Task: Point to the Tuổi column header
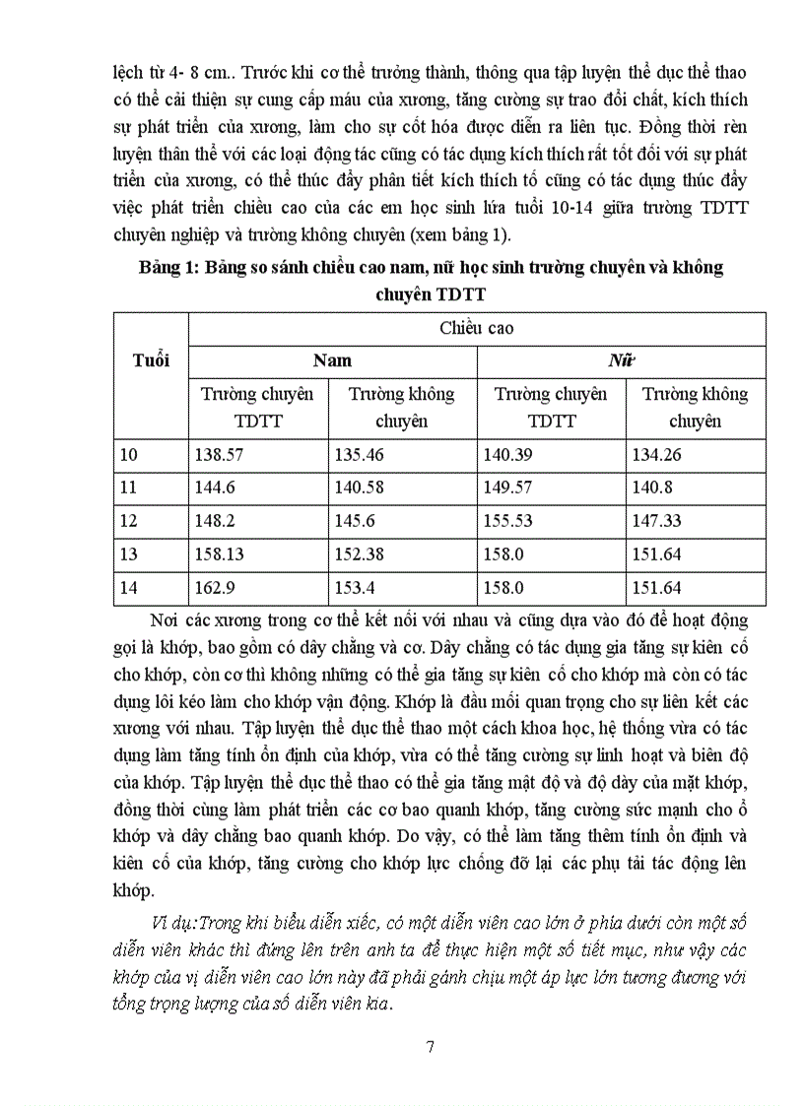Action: [x=151, y=359]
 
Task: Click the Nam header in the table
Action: [x=332, y=360]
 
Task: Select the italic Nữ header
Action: [x=620, y=360]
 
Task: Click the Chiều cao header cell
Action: [x=476, y=329]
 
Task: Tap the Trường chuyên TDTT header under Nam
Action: [x=257, y=407]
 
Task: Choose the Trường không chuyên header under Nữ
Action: [x=695, y=407]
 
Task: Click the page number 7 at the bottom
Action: [x=429, y=1046]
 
